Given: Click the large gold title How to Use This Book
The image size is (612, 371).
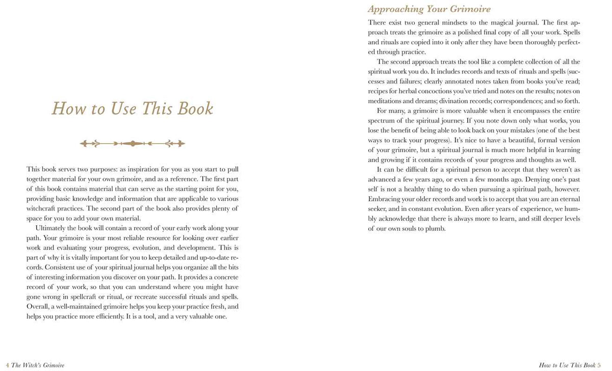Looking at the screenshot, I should click(133, 109).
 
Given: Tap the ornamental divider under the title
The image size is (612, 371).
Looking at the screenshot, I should click(133, 144).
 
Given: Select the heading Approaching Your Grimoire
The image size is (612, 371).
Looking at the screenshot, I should click(429, 9).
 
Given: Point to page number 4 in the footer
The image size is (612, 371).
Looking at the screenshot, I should click(7, 365).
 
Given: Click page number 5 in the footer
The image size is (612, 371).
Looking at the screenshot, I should click(599, 365).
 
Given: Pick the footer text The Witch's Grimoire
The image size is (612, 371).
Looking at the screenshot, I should click(38, 365).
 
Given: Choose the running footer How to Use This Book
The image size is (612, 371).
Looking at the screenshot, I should click(567, 365).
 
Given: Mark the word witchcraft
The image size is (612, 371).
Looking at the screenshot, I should click(43, 208).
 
